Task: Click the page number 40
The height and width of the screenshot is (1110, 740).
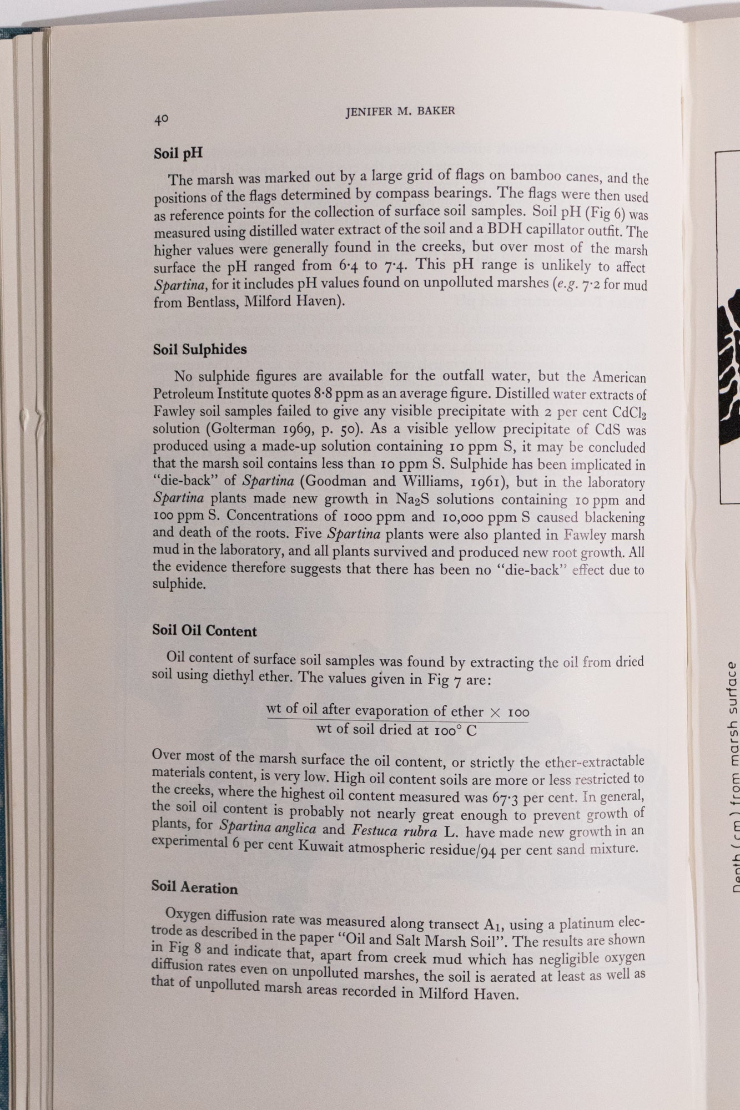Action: [162, 119]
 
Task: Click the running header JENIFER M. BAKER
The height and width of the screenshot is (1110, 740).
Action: [400, 111]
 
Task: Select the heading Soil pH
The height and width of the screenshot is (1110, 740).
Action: [178, 153]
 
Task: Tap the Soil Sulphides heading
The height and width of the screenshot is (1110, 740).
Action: [200, 350]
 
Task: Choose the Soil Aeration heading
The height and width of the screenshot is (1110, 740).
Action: [194, 887]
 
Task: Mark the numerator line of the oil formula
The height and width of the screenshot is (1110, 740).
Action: [397, 711]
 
